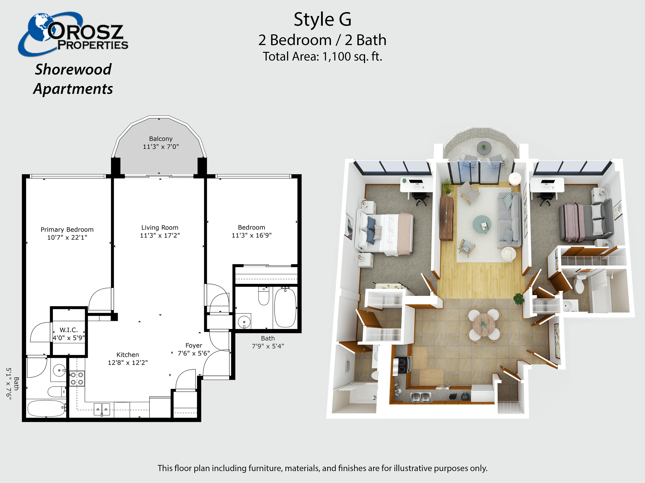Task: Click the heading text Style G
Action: pyautogui.click(x=322, y=20)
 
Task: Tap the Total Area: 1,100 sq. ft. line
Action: pyautogui.click(x=322, y=56)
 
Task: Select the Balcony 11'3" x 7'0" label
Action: pyautogui.click(x=161, y=143)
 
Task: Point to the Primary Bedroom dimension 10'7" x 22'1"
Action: pyautogui.click(x=67, y=238)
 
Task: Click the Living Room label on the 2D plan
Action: pyautogui.click(x=160, y=228)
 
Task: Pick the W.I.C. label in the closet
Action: pyautogui.click(x=69, y=330)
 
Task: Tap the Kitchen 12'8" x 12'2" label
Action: pyautogui.click(x=128, y=359)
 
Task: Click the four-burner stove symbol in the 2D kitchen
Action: pyautogui.click(x=77, y=378)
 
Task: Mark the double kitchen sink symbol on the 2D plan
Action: pyautogui.click(x=102, y=409)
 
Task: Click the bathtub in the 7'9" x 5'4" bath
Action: pyautogui.click(x=285, y=308)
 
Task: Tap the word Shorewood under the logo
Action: pyautogui.click(x=73, y=70)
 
